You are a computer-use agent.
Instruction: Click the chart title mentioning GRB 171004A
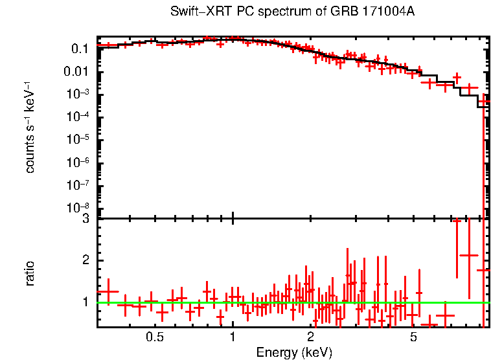click(x=292, y=12)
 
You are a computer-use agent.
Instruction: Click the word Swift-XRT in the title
click(x=194, y=12)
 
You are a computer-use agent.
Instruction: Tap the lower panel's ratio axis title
click(x=30, y=273)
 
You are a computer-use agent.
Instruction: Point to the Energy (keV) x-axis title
click(x=294, y=352)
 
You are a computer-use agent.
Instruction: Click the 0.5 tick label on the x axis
click(x=154, y=337)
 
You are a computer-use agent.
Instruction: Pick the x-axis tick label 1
click(x=233, y=337)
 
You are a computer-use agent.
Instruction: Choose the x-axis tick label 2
click(x=310, y=337)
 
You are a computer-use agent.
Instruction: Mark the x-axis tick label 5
click(x=413, y=337)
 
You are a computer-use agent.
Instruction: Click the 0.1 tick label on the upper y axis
click(x=80, y=49)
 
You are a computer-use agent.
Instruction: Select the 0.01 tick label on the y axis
click(x=77, y=72)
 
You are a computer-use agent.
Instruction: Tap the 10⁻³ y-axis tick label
click(x=77, y=94)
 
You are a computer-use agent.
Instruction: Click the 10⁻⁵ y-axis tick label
click(x=77, y=139)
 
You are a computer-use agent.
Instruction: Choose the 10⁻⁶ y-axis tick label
click(x=77, y=162)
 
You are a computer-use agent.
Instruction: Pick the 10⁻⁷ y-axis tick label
click(x=77, y=185)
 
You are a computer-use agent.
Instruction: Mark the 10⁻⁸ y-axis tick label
click(x=77, y=208)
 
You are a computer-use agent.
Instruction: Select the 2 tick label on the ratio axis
click(x=86, y=260)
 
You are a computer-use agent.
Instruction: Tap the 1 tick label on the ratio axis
click(x=86, y=302)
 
